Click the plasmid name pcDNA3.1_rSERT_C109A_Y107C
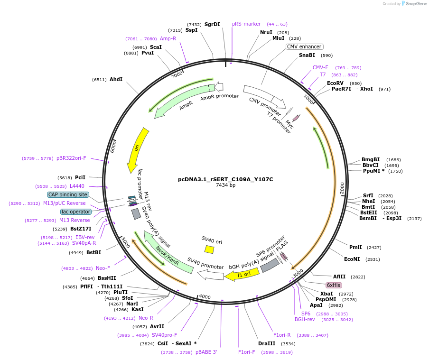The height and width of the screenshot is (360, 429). [x=225, y=179]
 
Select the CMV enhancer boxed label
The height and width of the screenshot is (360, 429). [x=305, y=46]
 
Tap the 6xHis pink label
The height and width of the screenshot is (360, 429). [x=333, y=285]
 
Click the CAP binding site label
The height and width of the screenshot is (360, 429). [x=68, y=194]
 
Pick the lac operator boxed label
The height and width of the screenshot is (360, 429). [x=76, y=212]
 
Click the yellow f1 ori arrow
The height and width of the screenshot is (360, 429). [x=242, y=274]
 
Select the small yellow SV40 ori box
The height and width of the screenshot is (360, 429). [x=209, y=249]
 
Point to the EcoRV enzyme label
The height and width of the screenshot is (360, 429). [x=335, y=83]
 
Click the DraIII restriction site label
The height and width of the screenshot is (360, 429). [x=266, y=343]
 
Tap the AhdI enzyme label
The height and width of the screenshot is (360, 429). [x=116, y=79]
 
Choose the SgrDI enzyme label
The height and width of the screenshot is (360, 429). [x=212, y=24]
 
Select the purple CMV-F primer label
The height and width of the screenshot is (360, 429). [x=320, y=67]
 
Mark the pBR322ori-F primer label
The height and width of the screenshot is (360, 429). [x=71, y=158]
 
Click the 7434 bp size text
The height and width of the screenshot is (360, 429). [x=225, y=185]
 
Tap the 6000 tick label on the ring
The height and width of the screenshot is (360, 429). [x=113, y=146]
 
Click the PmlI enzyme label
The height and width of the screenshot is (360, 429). [x=355, y=247]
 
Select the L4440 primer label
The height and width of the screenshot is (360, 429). [x=76, y=186]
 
